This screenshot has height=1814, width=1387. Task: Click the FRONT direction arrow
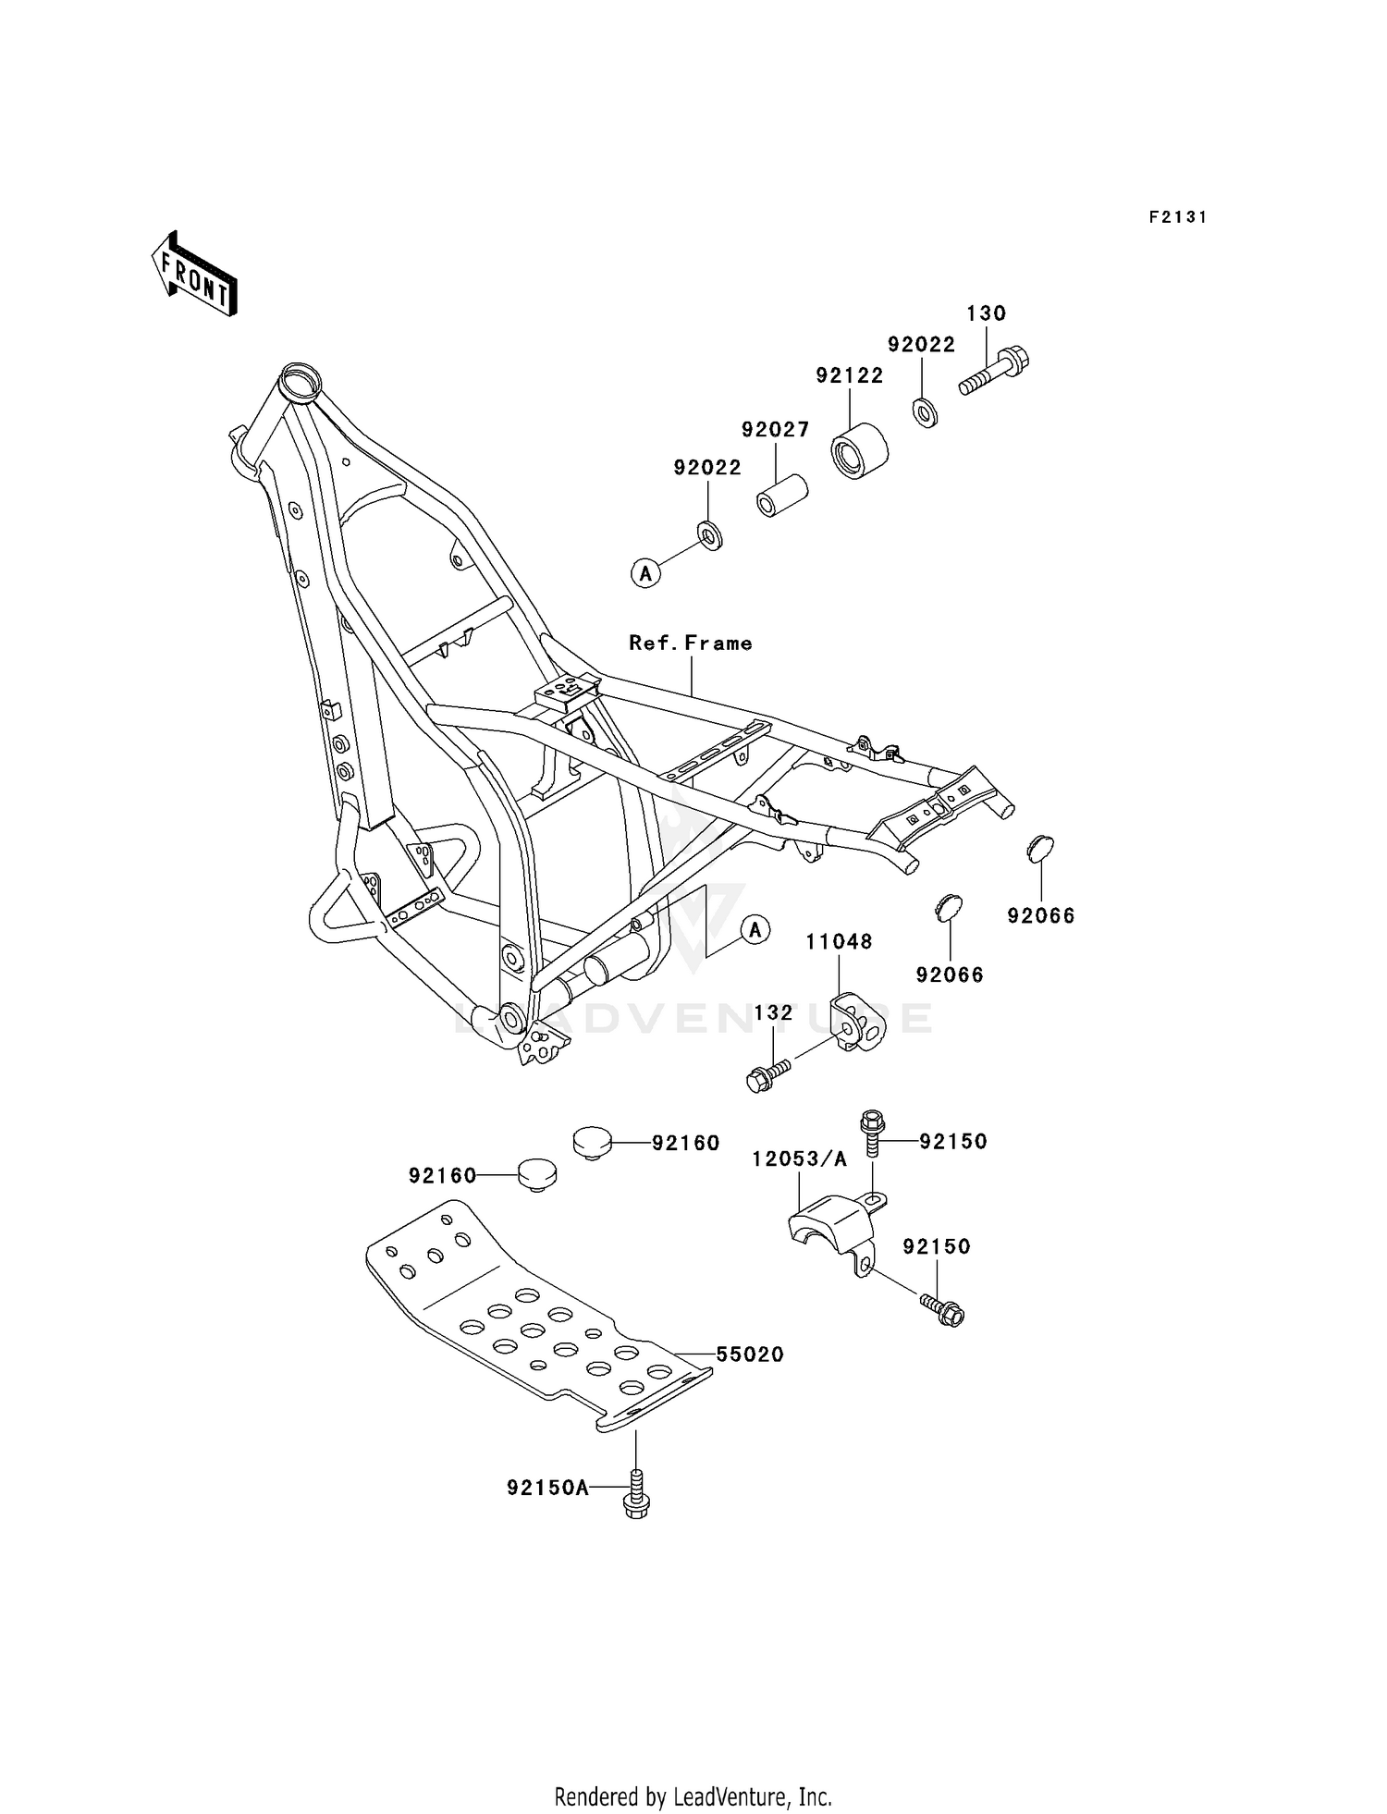pos(195,275)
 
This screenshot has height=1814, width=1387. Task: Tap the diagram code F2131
pos(1177,217)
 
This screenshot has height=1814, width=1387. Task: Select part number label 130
pos(986,313)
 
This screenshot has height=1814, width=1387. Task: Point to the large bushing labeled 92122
pos(860,449)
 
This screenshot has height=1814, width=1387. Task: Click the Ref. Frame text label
pos(690,643)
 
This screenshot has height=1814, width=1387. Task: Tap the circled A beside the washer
pos(645,573)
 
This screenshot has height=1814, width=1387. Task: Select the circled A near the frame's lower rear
pos(755,929)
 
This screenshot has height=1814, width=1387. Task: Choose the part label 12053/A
pos(799,1159)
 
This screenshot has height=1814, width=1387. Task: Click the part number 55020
pos(750,1354)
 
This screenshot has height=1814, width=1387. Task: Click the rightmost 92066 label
pos(1041,915)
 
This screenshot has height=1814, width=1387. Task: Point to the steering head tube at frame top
pos(301,381)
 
